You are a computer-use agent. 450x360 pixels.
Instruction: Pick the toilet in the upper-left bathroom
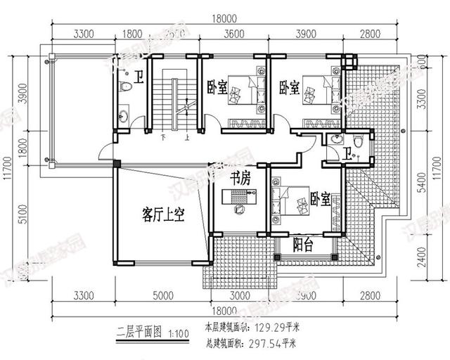click(x=125, y=87)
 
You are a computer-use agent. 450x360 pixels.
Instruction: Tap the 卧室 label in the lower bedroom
click(x=320, y=199)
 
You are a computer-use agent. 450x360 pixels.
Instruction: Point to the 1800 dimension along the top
click(x=133, y=32)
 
